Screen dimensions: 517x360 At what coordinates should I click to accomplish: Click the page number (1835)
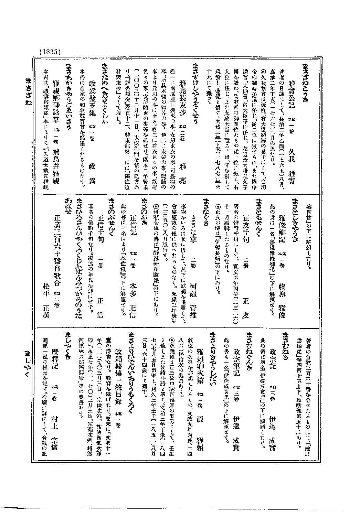pos(50,52)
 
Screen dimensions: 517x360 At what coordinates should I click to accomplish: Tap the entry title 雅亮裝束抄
pos(183,93)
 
